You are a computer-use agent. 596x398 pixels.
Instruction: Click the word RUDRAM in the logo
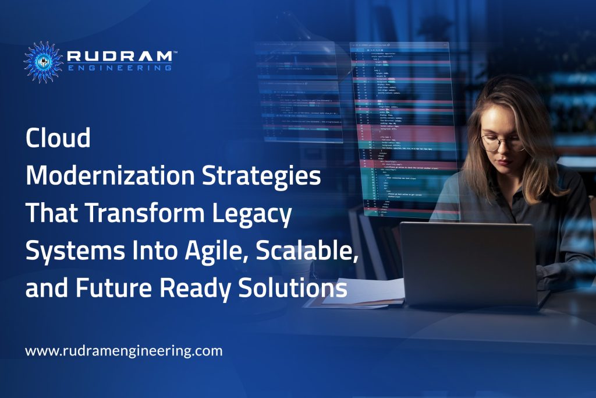coord(119,56)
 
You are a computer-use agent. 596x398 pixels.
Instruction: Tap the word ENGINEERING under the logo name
coord(119,68)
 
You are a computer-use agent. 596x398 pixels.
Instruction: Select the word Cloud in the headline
coord(58,139)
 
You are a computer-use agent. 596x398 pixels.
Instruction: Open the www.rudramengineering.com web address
coord(123,351)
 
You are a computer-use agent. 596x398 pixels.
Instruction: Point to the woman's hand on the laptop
coord(553,274)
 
